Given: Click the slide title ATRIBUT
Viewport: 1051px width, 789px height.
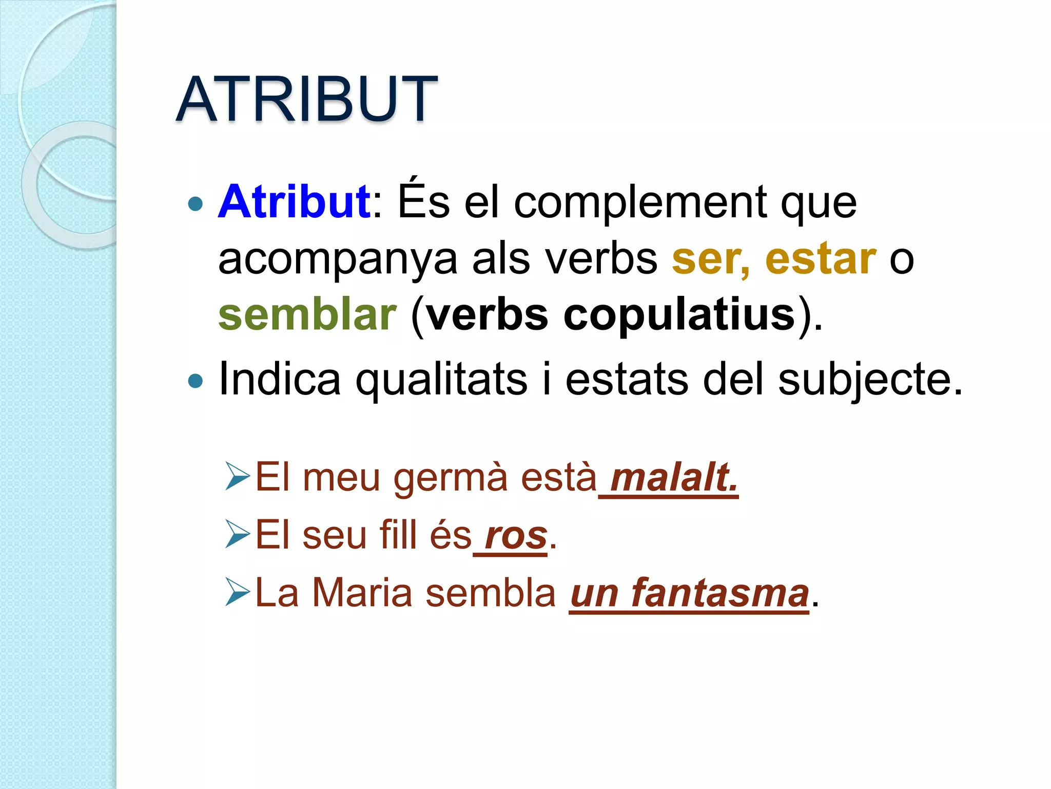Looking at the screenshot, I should click(306, 99).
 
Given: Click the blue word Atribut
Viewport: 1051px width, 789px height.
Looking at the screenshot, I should click(295, 202).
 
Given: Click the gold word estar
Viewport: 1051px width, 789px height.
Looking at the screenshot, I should click(820, 258).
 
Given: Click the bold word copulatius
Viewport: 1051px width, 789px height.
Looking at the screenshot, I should click(679, 315).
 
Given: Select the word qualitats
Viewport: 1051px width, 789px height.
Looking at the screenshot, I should click(441, 380).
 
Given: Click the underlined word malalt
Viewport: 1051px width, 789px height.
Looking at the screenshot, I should click(674, 478).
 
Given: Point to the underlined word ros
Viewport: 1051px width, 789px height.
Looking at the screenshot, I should click(516, 536).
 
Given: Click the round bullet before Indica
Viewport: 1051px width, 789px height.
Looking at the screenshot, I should click(196, 381).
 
